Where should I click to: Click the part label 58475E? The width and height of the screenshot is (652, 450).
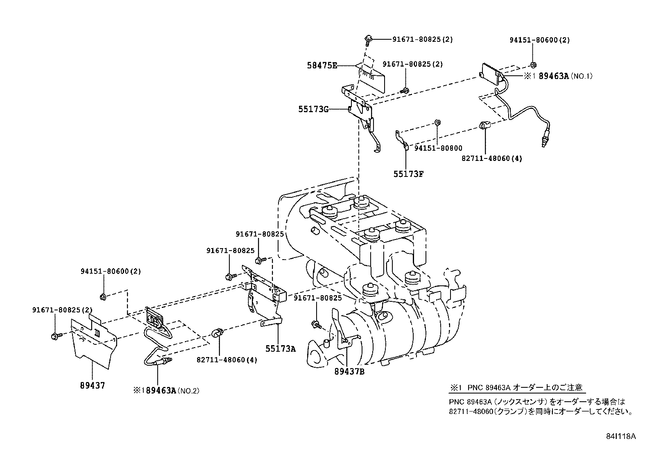[x=322, y=65]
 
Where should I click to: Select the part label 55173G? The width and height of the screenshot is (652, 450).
[x=313, y=109]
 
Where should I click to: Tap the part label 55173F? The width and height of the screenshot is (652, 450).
[x=408, y=174]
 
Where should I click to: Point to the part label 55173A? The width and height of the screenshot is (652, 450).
[x=280, y=348]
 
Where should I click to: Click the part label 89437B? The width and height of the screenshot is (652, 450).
[x=349, y=371]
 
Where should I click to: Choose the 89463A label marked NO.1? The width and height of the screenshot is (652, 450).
[x=554, y=76]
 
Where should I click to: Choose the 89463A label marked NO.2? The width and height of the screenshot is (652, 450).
[x=161, y=391]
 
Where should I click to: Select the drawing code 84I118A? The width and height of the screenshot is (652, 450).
[x=622, y=436]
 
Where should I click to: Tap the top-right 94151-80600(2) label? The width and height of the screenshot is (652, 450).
[x=539, y=40]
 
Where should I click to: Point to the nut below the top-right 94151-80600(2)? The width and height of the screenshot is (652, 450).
[x=533, y=65]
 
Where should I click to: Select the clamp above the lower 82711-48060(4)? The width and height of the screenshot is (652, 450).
[x=217, y=332]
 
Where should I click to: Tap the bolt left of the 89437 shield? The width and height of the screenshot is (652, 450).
[x=56, y=336]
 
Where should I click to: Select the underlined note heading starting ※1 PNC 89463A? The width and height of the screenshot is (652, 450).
[x=516, y=387]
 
